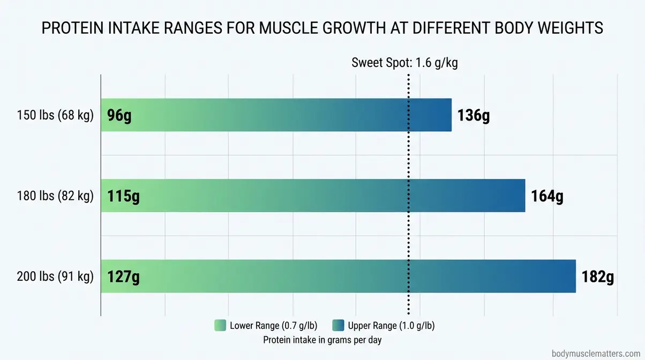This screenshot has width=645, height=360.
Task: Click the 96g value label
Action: point(119,115)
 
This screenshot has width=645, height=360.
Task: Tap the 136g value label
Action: point(474,115)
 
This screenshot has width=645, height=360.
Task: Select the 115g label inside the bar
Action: point(124,196)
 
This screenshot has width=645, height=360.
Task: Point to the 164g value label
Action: point(547,196)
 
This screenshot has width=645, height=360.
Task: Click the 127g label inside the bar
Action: point(124,277)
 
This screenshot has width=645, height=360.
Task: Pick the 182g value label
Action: point(598,277)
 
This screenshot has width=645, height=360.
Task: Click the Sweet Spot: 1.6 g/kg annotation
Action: point(404,63)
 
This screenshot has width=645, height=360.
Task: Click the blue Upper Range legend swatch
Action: point(338,326)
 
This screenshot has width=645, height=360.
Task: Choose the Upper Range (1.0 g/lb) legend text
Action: point(392,326)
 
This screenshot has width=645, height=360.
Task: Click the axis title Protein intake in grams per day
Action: point(322,340)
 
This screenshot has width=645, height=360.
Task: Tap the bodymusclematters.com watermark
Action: point(596,354)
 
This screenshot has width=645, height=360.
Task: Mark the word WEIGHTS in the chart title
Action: point(574,29)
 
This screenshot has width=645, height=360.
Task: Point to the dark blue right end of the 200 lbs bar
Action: point(568,276)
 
